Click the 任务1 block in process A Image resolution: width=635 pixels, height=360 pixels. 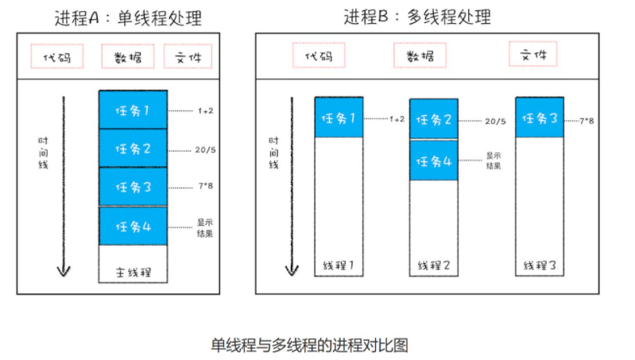[x=133, y=110]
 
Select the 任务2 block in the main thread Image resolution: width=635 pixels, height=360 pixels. [x=133, y=148]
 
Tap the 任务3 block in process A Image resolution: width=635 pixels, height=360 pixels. [x=133, y=188]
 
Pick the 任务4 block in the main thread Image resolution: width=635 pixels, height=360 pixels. [x=133, y=227]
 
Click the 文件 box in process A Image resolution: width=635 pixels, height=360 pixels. [x=188, y=57]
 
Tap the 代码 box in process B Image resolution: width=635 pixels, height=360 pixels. [x=312, y=56]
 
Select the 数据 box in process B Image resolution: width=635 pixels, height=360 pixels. [x=420, y=56]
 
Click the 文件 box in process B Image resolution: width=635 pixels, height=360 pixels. [x=532, y=54]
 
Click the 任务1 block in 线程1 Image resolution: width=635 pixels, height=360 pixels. [x=339, y=118]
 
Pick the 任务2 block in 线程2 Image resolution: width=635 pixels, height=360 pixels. [x=434, y=120]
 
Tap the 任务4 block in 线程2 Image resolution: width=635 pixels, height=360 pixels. [x=434, y=160]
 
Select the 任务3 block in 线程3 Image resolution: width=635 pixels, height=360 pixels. [x=540, y=118]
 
